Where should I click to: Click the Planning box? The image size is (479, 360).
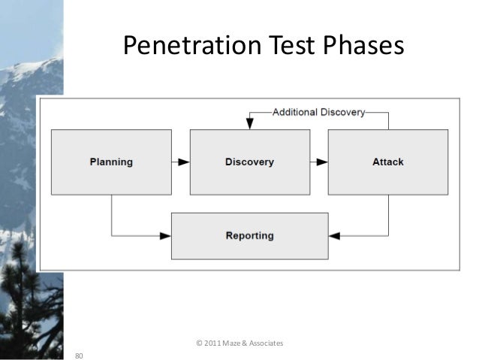pyautogui.click(x=111, y=162)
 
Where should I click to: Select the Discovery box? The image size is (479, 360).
pyautogui.click(x=249, y=162)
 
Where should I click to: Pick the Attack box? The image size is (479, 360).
pyautogui.click(x=387, y=162)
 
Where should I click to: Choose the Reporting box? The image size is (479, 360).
pyautogui.click(x=249, y=235)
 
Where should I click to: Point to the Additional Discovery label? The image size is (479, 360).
pyautogui.click(x=318, y=113)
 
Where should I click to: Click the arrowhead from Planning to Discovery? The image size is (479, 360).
pyautogui.click(x=184, y=162)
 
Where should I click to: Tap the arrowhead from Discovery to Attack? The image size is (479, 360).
pyautogui.click(x=323, y=162)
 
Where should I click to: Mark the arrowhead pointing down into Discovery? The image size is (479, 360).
pyautogui.click(x=249, y=125)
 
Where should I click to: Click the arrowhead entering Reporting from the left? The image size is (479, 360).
pyautogui.click(x=166, y=236)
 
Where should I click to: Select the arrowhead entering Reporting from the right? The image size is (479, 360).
pyautogui.click(x=334, y=236)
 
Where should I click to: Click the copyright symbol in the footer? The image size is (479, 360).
pyautogui.click(x=198, y=343)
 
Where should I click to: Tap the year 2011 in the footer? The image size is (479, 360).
pyautogui.click(x=213, y=343)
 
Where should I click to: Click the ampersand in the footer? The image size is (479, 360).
pyautogui.click(x=246, y=343)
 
